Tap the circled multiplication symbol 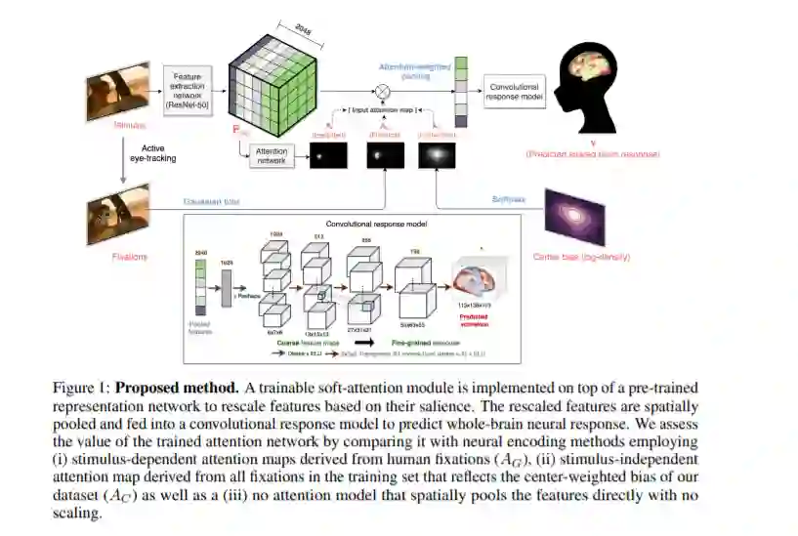pyautogui.click(x=383, y=92)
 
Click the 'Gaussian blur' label pyautogui.click(x=210, y=202)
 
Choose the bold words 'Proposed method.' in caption pyautogui.click(x=172, y=389)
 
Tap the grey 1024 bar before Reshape pyautogui.click(x=227, y=284)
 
